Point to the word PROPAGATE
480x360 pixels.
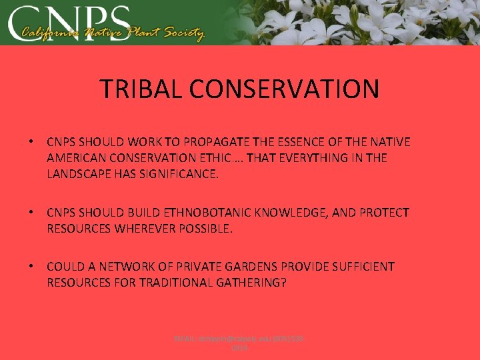(226, 142)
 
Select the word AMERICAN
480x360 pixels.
(75, 158)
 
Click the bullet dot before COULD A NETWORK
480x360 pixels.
(31, 267)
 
